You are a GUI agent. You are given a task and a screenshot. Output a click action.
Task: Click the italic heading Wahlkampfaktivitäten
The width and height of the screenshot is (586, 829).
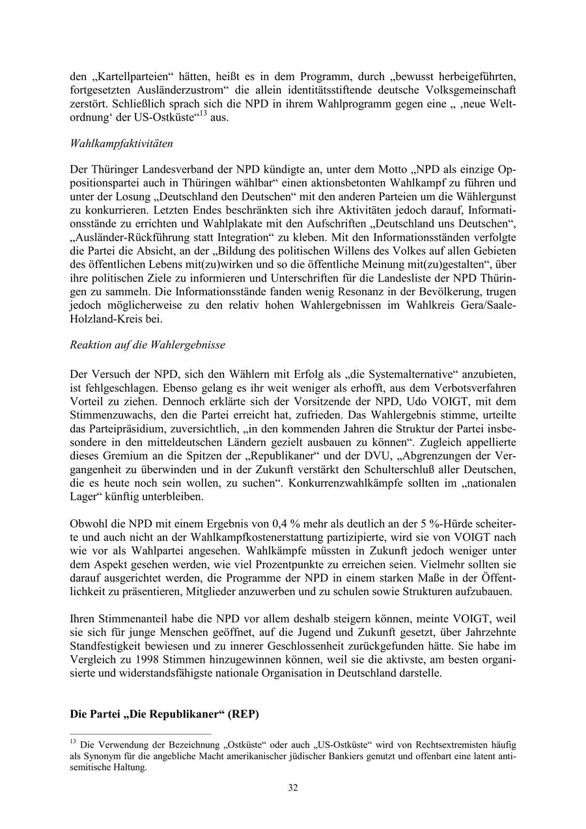click(x=121, y=143)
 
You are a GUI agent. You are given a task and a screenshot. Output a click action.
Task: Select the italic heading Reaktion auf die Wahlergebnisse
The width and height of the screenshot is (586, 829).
click(x=147, y=345)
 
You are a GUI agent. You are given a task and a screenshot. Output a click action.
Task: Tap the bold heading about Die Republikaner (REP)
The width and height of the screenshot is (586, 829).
click(x=164, y=714)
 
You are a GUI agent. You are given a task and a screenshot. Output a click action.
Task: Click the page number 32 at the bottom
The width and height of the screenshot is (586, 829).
click(x=293, y=788)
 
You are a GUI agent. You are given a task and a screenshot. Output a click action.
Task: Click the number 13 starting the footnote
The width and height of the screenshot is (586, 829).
click(x=74, y=742)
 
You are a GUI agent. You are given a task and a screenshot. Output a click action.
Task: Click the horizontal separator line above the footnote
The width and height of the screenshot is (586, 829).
click(x=140, y=733)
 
